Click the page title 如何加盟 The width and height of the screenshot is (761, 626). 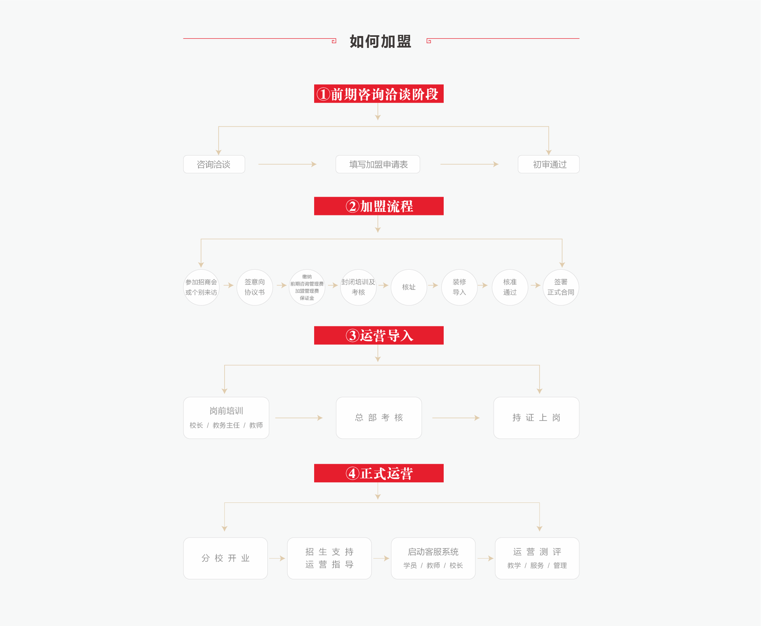pyautogui.click(x=380, y=41)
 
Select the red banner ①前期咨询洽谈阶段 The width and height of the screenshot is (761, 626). pyautogui.click(x=379, y=94)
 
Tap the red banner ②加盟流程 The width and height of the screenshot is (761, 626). pyautogui.click(x=379, y=206)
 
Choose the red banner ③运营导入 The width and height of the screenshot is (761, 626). pyautogui.click(x=379, y=335)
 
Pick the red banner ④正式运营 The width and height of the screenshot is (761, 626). pyautogui.click(x=379, y=473)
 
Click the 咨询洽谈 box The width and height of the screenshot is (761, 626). pyautogui.click(x=214, y=164)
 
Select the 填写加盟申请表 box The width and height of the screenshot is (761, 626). pyautogui.click(x=378, y=164)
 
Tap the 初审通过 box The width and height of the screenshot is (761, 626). pyautogui.click(x=549, y=164)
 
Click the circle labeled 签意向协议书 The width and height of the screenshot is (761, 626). pyautogui.click(x=255, y=287)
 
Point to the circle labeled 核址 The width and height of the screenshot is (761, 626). pyautogui.click(x=409, y=287)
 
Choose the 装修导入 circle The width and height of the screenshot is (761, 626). pyautogui.click(x=460, y=287)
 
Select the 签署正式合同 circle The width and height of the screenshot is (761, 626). pyautogui.click(x=561, y=287)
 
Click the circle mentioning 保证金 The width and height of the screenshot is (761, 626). pyautogui.click(x=307, y=287)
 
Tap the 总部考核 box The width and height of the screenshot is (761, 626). pyautogui.click(x=379, y=418)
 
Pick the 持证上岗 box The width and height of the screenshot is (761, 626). pyautogui.click(x=536, y=418)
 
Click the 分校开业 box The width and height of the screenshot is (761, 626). pyautogui.click(x=225, y=558)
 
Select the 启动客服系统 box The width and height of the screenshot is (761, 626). pyautogui.click(x=433, y=558)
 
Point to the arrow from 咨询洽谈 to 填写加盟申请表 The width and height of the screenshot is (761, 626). pyautogui.click(x=287, y=164)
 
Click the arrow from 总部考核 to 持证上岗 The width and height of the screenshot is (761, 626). pyautogui.click(x=456, y=418)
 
